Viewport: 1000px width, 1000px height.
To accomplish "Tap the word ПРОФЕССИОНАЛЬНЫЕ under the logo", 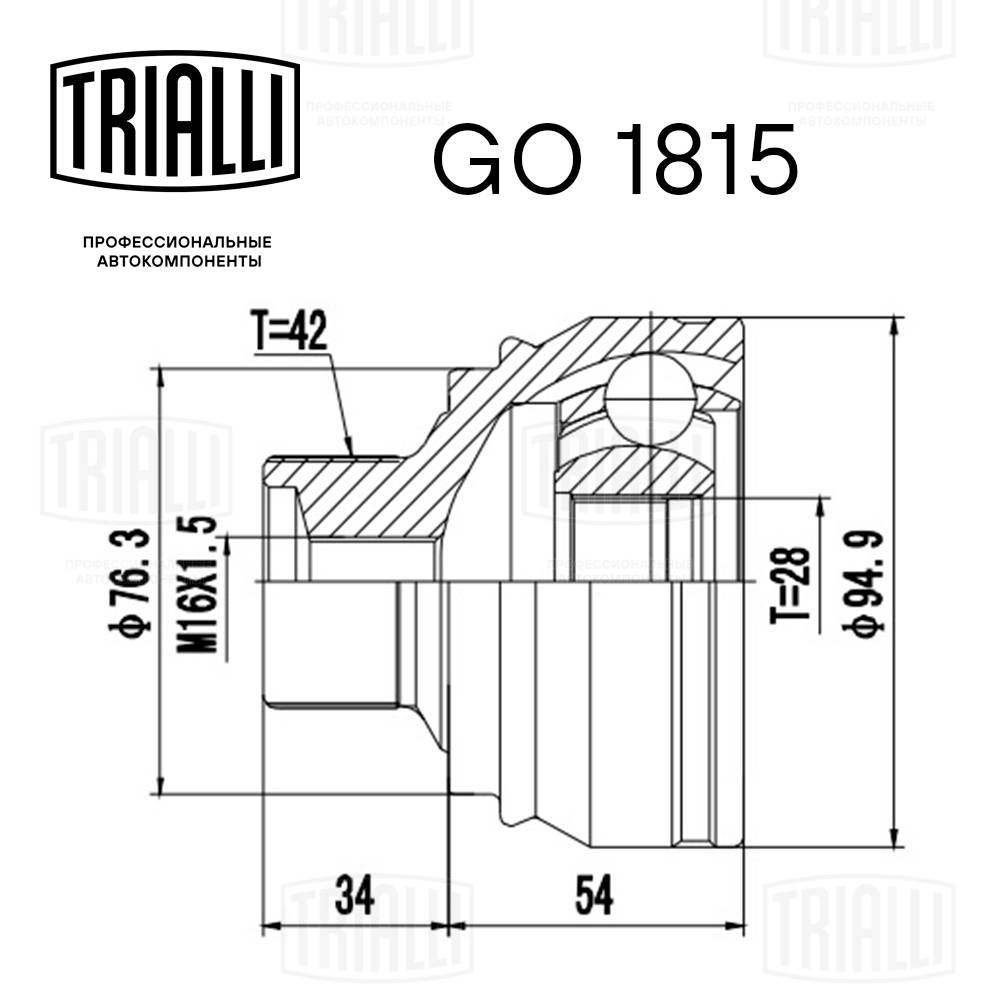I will (177, 242).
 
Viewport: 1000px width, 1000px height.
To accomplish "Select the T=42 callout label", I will (289, 334).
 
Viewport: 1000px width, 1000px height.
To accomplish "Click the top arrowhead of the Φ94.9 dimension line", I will (893, 325).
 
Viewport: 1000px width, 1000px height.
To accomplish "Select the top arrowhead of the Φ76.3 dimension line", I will (160, 375).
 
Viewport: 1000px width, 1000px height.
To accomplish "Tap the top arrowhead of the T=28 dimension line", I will (821, 500).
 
